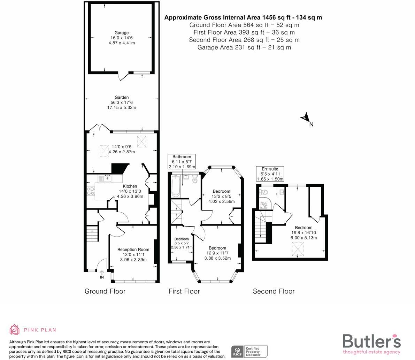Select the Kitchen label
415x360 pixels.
pyautogui.click(x=130, y=186)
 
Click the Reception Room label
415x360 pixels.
pyautogui.click(x=133, y=250)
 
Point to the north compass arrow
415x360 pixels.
pyautogui.click(x=306, y=118)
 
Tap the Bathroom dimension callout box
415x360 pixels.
pyautogui.click(x=182, y=162)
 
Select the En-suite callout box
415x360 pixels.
pyautogui.click(x=270, y=174)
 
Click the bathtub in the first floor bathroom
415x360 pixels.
pyautogui.click(x=175, y=186)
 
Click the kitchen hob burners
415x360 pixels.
pyautogui.click(x=91, y=191)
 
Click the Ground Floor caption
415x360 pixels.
pyautogui.click(x=105, y=291)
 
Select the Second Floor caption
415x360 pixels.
pyautogui.click(x=274, y=291)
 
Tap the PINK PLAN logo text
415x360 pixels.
pyautogui.click(x=40, y=330)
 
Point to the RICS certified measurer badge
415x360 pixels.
pyautogui.click(x=249, y=351)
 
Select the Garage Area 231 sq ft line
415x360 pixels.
pyautogui.click(x=244, y=47)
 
